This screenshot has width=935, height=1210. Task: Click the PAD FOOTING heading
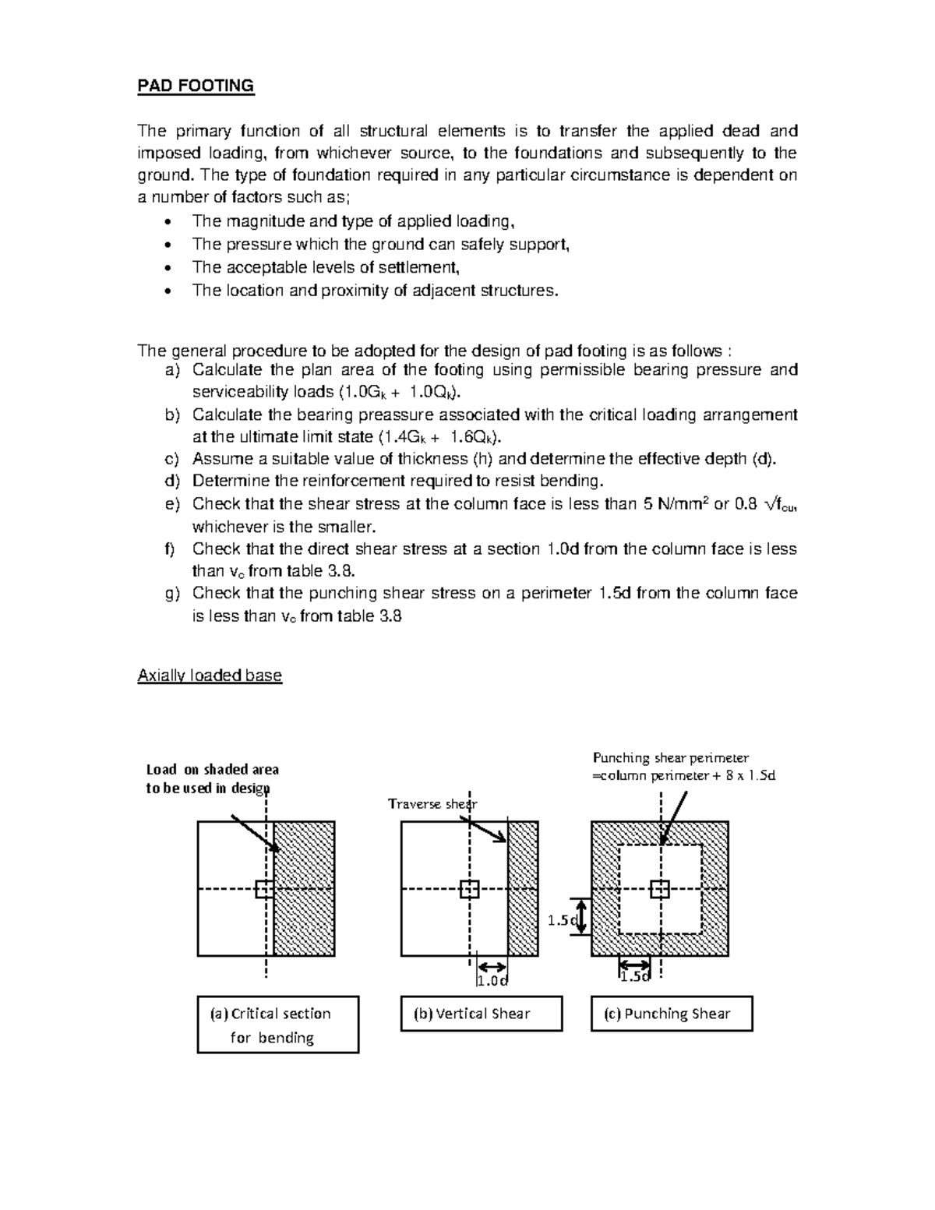[196, 86]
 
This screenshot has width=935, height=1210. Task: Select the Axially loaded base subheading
[209, 676]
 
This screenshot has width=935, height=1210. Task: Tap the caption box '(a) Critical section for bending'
[277, 1025]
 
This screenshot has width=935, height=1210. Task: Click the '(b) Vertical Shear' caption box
[481, 1014]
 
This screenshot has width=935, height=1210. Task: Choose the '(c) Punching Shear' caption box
[671, 1014]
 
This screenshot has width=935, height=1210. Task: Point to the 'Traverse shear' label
[432, 803]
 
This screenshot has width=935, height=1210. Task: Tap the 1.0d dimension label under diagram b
[492, 980]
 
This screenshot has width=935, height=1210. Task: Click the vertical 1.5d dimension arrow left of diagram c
[580, 916]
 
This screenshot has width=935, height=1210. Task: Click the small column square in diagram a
[265, 889]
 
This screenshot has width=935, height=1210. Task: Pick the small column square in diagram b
[469, 889]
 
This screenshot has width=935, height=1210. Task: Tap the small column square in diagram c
[660, 889]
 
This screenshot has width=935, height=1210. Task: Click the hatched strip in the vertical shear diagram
[522, 888]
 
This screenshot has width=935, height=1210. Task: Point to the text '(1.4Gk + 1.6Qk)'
[440, 436]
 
